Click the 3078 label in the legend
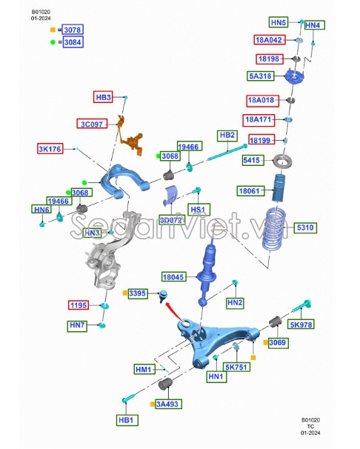tap(73, 30)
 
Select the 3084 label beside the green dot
tap(73, 42)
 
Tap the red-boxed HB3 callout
tap(103, 97)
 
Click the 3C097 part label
tap(92, 124)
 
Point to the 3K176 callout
tap(50, 149)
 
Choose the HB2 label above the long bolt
tap(227, 135)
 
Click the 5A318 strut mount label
tap(261, 76)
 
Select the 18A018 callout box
tap(262, 100)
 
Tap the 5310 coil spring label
tap(305, 227)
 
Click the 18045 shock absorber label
tap(174, 277)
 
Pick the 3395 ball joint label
tap(138, 293)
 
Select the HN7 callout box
tap(77, 325)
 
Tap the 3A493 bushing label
tap(168, 404)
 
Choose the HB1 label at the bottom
tap(126, 420)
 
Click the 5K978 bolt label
tap(301, 325)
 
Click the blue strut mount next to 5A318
tap(294, 76)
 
